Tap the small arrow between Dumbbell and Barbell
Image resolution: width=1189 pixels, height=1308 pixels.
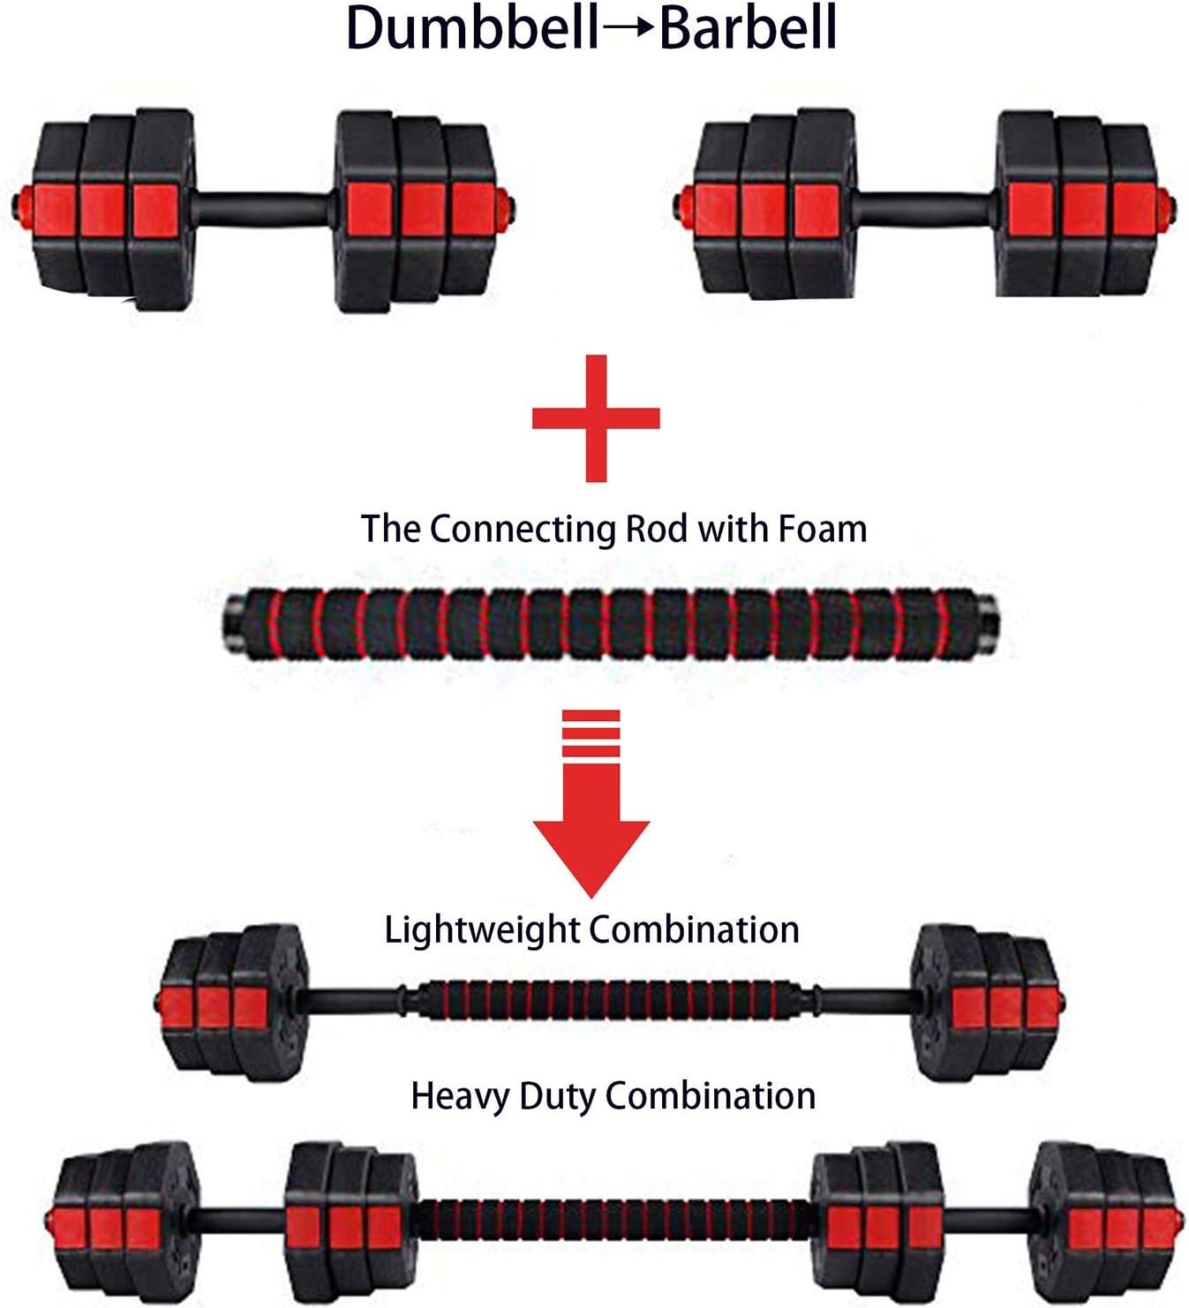(629, 27)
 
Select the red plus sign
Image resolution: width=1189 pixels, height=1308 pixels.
(596, 417)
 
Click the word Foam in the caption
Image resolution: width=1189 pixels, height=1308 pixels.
(823, 529)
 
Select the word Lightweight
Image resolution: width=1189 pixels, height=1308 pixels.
(482, 929)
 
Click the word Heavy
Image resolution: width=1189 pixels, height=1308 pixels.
(460, 1095)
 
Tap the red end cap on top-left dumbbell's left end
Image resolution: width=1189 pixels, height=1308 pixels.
(19, 206)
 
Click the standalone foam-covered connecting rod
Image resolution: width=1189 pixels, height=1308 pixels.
(612, 624)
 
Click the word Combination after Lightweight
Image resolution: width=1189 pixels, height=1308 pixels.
(694, 929)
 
